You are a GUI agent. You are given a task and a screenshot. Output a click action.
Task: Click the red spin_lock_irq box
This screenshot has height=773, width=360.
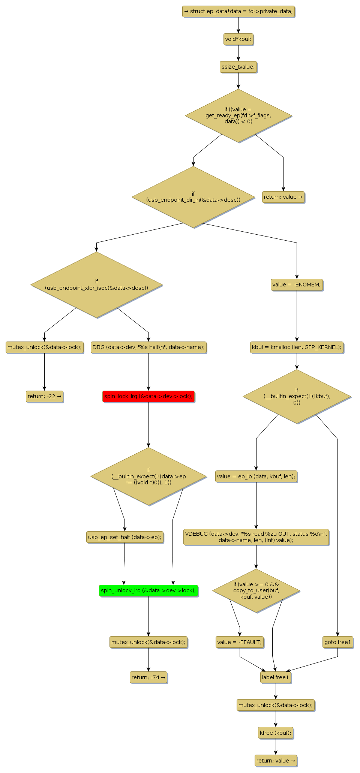[x=148, y=396]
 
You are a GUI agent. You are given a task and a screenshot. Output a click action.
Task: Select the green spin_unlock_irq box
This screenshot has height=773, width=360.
[x=148, y=590]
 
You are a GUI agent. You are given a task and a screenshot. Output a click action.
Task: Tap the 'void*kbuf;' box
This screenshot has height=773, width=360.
[x=238, y=39]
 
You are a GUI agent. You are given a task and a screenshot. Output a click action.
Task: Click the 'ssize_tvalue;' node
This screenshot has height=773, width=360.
[x=238, y=67]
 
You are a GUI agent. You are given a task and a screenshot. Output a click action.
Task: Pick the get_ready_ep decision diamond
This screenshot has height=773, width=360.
[x=238, y=115]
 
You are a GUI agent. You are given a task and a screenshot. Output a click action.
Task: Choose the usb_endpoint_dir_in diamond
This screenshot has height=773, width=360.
[x=193, y=197]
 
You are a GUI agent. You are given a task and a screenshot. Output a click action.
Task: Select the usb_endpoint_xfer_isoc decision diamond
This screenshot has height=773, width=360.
[x=97, y=285]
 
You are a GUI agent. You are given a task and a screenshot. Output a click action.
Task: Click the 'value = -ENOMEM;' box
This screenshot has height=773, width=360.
[x=297, y=285]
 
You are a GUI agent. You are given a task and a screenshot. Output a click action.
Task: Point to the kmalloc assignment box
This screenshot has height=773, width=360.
[x=297, y=347]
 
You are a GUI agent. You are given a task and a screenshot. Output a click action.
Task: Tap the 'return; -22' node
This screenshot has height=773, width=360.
[x=44, y=396]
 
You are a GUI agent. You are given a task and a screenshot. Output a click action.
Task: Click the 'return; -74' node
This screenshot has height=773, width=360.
[x=148, y=677]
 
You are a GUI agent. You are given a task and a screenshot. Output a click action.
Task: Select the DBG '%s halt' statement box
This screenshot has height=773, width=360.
[x=148, y=347]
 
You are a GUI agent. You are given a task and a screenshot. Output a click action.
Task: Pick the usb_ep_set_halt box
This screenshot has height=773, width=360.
[x=124, y=537]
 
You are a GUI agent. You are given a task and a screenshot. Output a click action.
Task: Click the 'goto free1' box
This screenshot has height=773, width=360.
[x=337, y=642]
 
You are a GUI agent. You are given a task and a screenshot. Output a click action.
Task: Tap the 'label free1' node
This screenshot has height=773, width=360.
[x=276, y=677]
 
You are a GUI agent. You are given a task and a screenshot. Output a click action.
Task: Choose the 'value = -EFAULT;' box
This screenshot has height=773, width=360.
[x=240, y=642]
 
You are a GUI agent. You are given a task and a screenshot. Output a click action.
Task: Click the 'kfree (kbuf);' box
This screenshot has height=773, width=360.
[x=276, y=733]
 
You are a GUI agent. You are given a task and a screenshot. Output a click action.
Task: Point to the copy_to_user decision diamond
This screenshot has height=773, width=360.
[x=256, y=590]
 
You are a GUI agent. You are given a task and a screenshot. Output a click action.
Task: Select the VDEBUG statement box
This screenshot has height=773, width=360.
[x=256, y=537]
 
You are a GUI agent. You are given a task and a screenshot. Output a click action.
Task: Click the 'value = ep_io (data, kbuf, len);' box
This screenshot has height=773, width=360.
[x=256, y=476]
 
